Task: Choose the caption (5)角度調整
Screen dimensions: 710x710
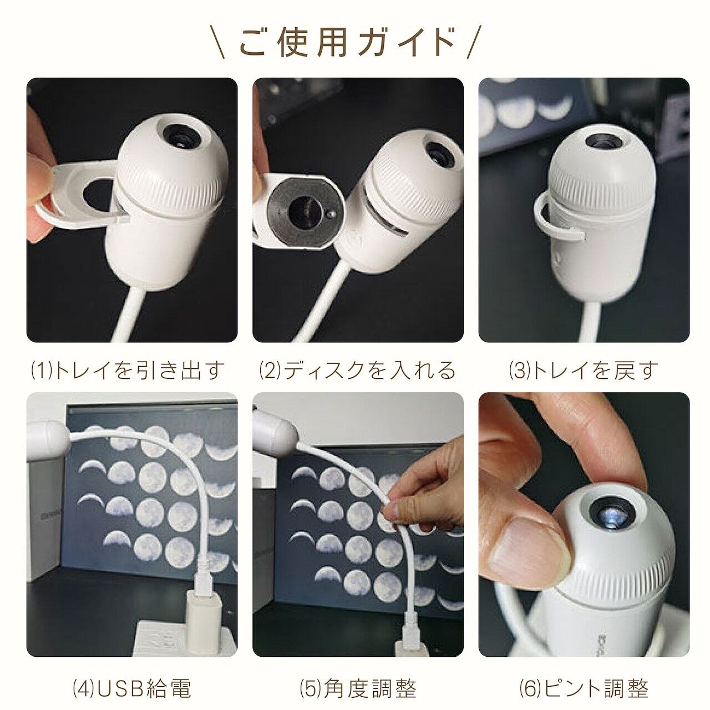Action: [358, 666]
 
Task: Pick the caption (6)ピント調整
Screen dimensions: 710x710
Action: [584, 666]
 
